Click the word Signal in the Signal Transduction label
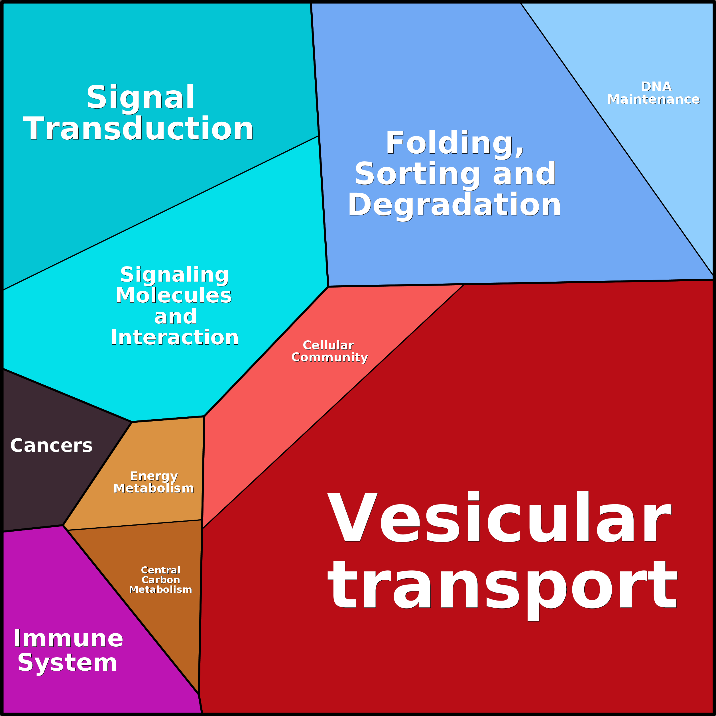141,97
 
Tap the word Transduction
138,129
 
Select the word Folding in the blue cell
454,143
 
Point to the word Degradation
454,205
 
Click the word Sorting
417,174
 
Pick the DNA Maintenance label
654,93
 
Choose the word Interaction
174,337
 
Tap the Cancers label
51,445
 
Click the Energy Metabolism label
154,482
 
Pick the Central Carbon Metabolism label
160,580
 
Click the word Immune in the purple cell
68,638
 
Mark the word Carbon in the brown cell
160,580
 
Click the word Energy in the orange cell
154,476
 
